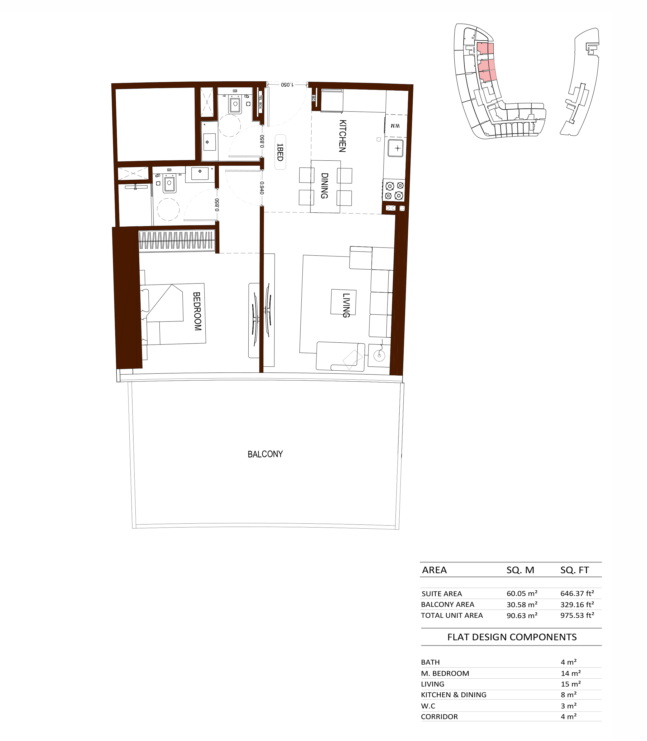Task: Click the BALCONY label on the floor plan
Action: click(265, 454)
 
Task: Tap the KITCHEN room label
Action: click(343, 136)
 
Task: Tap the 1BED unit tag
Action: click(280, 152)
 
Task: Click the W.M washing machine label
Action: click(395, 126)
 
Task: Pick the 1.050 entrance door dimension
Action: click(287, 85)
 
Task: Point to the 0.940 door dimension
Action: click(262, 188)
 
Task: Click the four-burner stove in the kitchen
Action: click(394, 190)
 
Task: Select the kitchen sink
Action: click(396, 148)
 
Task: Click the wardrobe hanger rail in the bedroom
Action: click(177, 241)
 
